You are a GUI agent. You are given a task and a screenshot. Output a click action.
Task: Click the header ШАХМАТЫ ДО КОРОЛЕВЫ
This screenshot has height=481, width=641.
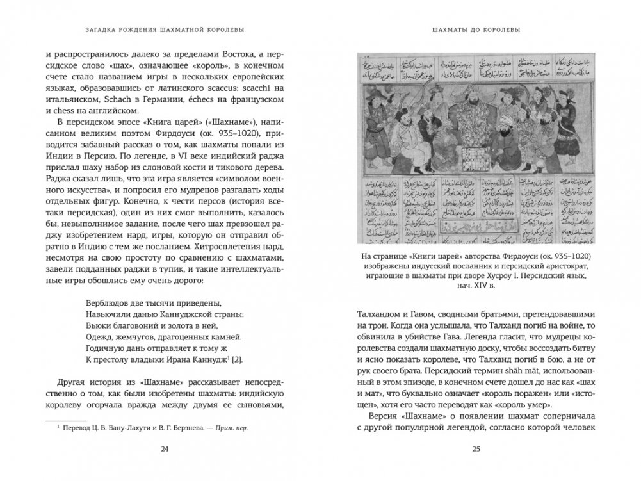coord(475,29)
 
